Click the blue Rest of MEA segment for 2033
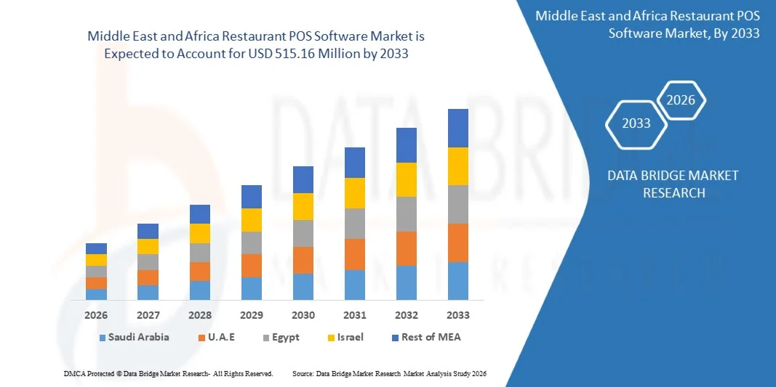[457, 128]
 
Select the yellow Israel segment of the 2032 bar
[406, 179]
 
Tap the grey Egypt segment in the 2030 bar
[303, 233]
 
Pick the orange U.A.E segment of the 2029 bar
[251, 265]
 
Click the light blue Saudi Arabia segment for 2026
[96, 294]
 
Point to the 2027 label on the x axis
[148, 315]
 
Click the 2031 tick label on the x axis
[354, 315]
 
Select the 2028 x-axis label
[199, 315]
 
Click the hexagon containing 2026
[681, 100]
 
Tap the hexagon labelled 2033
[636, 123]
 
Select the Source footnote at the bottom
[388, 373]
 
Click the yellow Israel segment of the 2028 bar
[199, 233]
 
